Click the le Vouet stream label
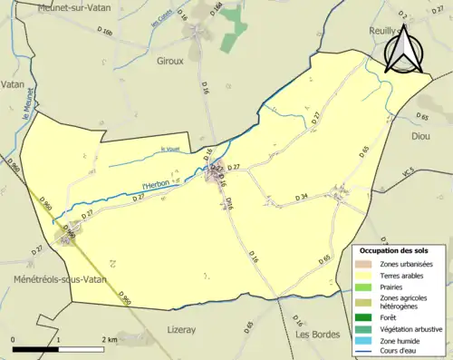pos(169,150)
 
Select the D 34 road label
pos(303,197)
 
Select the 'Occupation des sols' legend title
pos(394,249)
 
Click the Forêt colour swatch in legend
pos(367,316)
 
